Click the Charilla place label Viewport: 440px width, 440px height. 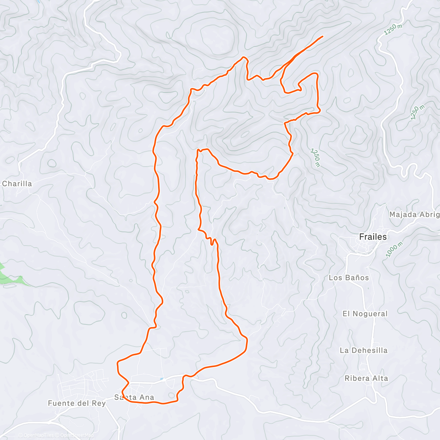(17, 184)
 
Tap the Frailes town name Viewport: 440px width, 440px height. (373, 237)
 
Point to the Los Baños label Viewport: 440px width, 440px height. (349, 278)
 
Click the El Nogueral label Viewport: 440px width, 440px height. (365, 313)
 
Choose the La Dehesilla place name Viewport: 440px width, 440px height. (363, 350)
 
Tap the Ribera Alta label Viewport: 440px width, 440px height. (366, 378)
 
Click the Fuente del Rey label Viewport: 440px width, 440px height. (77, 403)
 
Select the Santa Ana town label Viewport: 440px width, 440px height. (134, 397)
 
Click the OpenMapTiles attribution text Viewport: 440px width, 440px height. (36, 435)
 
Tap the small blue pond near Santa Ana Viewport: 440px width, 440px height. (162, 378)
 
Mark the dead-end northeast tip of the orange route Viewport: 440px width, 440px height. (322, 36)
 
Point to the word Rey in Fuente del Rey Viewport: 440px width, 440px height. (99, 403)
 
